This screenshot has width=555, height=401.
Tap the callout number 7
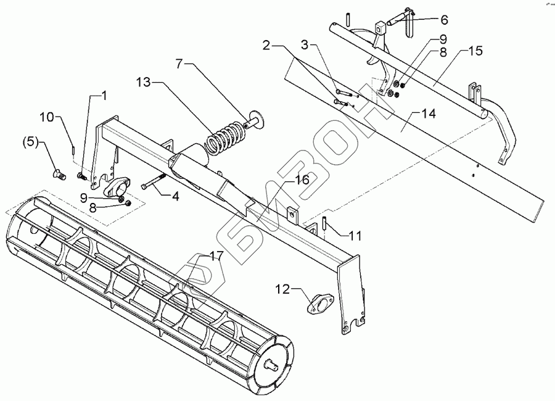pos(179,63)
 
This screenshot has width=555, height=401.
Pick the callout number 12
pos(282,289)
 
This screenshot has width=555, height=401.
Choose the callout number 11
pos(355,236)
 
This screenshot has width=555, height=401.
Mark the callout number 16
pos(301,180)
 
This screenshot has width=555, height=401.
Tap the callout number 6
pos(427,19)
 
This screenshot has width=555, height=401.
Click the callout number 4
pos(175,197)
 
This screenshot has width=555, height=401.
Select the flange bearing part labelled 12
pos(319,304)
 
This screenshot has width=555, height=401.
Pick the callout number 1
pos(104,96)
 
